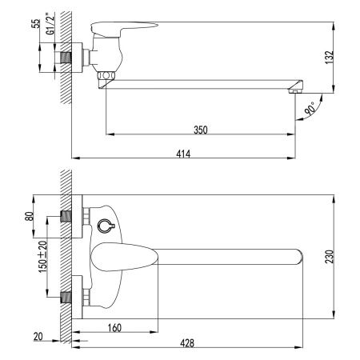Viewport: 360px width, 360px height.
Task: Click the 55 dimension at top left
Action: click(x=35, y=22)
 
